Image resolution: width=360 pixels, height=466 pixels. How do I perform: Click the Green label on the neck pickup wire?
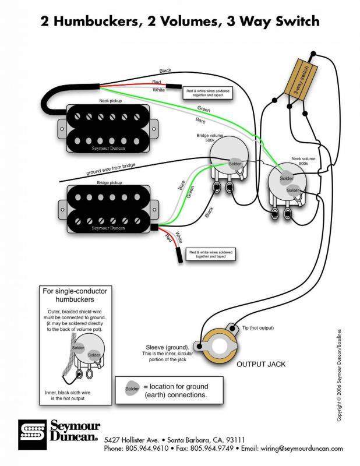click(203, 108)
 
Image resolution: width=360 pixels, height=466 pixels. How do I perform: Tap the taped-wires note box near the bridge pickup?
click(210, 254)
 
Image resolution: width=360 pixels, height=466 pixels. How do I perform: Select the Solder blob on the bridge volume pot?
click(235, 163)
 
